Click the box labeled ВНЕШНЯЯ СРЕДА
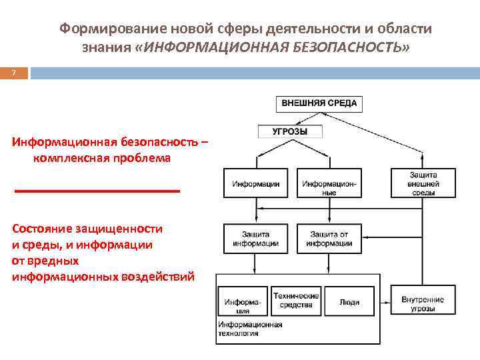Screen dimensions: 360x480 click(x=319, y=103)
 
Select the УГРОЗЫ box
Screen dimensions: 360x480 click(x=290, y=131)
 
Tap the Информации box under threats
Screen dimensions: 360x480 click(x=256, y=183)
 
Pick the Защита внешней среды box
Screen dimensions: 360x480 click(x=423, y=183)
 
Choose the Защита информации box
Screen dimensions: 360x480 click(x=256, y=239)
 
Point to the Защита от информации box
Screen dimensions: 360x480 click(x=329, y=239)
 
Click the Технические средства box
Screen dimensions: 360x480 click(x=296, y=301)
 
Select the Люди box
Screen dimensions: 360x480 click(x=349, y=302)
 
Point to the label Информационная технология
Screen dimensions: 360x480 click(x=250, y=329)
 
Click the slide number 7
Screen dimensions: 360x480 click(x=13, y=73)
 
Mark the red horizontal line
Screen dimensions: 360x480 click(x=97, y=191)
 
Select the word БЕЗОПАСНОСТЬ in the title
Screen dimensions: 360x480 click(x=346, y=49)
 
